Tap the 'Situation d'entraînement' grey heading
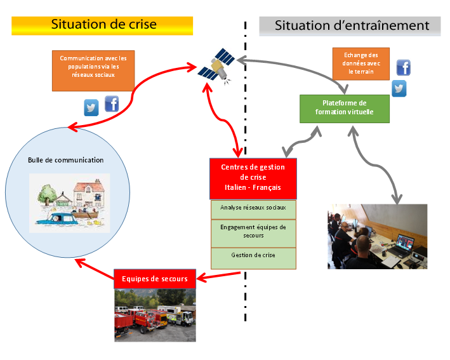352,26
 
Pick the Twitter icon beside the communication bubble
91,107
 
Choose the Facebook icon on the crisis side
112,103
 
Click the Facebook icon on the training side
403,67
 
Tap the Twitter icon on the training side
399,88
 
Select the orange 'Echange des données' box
360,63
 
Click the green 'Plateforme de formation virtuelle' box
344,108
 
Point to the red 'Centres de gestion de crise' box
253,178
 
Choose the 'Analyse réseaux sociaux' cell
253,208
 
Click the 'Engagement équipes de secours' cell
253,231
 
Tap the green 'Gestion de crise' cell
253,255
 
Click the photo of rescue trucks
155,315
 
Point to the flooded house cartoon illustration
70,203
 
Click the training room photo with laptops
378,236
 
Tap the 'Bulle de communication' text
66,160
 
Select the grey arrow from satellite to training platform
298,66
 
